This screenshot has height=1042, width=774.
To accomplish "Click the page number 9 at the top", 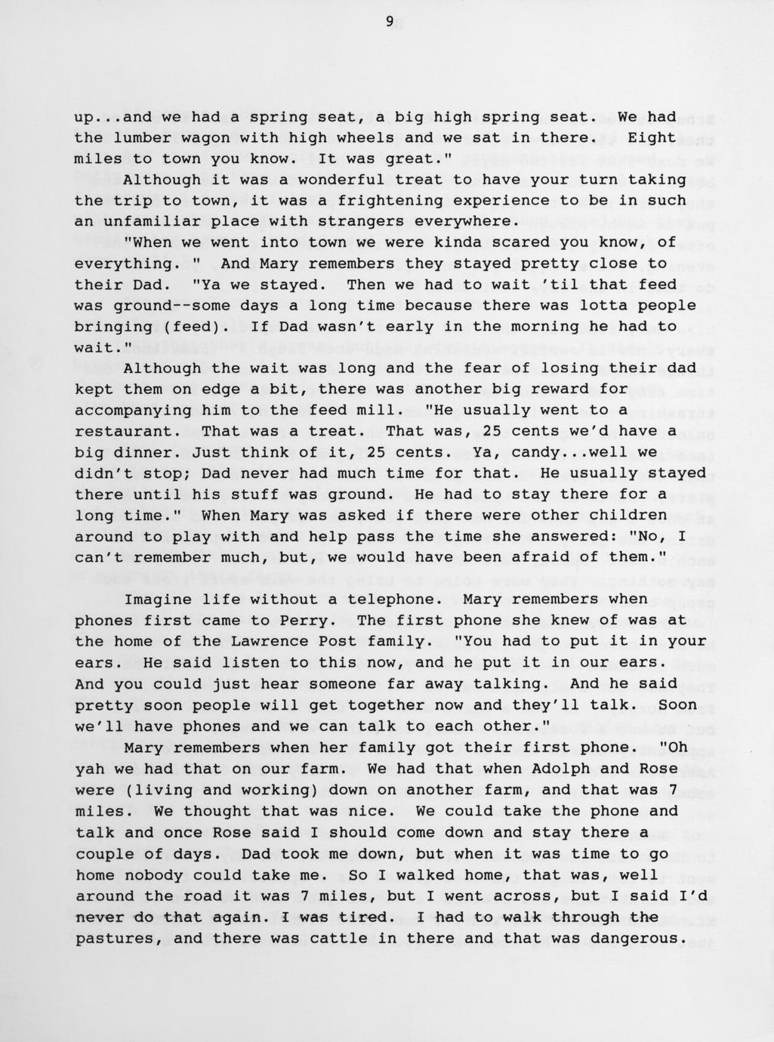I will point(390,21).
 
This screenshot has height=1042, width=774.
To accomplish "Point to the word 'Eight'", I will point(652,137).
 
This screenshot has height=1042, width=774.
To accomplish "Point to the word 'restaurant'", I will point(123,431).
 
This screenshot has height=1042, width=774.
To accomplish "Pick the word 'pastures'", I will point(113,939).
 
